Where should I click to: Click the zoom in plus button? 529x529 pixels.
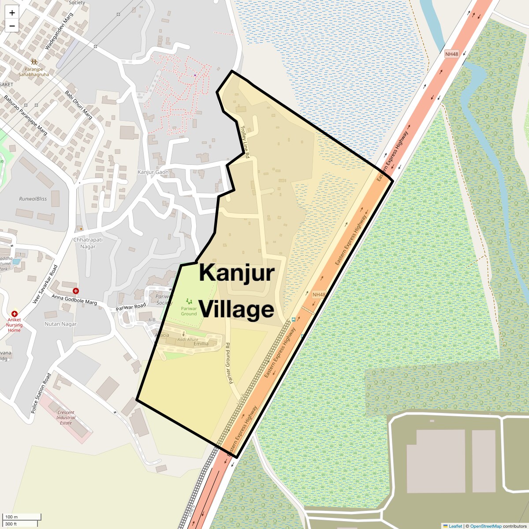point(12,13)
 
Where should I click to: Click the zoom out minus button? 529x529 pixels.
point(12,26)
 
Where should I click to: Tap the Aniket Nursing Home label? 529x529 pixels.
point(14,324)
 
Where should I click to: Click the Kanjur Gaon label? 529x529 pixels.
point(153,172)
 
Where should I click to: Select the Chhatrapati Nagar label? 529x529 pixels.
point(88,243)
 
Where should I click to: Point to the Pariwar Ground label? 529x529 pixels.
point(189,311)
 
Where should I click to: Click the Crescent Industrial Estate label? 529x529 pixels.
point(66,417)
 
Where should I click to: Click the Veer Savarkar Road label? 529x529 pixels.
point(45,284)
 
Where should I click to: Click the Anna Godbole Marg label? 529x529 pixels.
point(74,300)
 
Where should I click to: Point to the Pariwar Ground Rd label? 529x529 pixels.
point(228,363)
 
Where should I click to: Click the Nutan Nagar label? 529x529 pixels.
point(60,324)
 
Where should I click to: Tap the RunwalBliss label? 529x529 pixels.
point(33,199)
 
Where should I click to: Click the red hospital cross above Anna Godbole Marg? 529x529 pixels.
point(76,291)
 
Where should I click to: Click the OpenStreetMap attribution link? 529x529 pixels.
point(485,526)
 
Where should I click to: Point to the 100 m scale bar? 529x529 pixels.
point(22,517)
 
